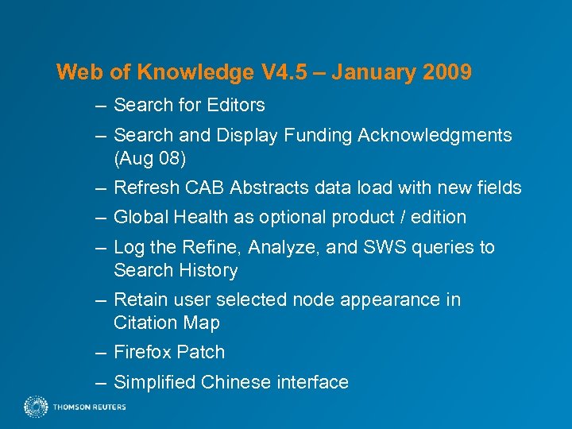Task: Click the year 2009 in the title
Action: [447, 73]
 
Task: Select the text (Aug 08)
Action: [150, 159]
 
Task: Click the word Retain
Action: [139, 300]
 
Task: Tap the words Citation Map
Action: [166, 323]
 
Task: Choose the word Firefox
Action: [143, 353]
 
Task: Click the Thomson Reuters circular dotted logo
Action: [36, 407]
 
